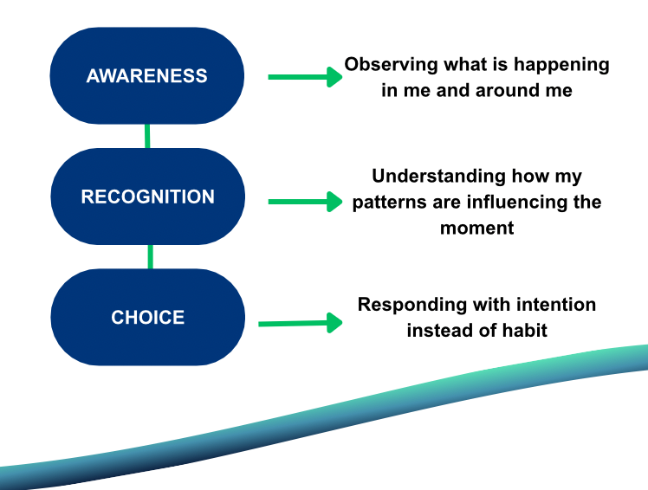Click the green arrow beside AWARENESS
303,77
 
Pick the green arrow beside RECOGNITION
303,202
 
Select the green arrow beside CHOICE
299,323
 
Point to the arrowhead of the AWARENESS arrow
334,77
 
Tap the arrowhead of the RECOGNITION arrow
334,202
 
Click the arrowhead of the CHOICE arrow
334,323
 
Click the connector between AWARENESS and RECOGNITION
147,136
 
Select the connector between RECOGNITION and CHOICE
150,256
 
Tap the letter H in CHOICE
131,318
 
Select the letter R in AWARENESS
137,76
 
